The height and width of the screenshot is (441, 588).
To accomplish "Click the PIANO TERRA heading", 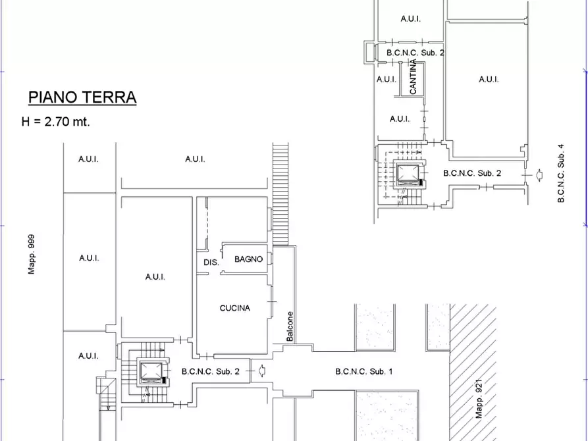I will pos(82,98).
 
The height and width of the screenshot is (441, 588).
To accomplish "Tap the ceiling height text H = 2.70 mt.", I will pos(56,122).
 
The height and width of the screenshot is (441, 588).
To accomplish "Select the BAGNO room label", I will pos(248,259).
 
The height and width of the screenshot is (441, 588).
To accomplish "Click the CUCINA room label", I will pos(234,308).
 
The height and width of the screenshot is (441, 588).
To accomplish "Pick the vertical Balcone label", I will pos(290,326).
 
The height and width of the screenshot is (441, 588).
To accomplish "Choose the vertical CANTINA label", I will pos(414,77).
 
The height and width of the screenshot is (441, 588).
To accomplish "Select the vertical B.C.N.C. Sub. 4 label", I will pos(561,173).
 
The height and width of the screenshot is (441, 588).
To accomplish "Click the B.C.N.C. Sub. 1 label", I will pos(363,371).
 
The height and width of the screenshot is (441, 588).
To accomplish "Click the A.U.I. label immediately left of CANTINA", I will pos(386,79).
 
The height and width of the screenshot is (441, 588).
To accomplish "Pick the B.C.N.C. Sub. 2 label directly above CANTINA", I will pos(415,52).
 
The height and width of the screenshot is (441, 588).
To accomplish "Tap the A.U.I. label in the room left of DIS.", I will pos(155,277).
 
